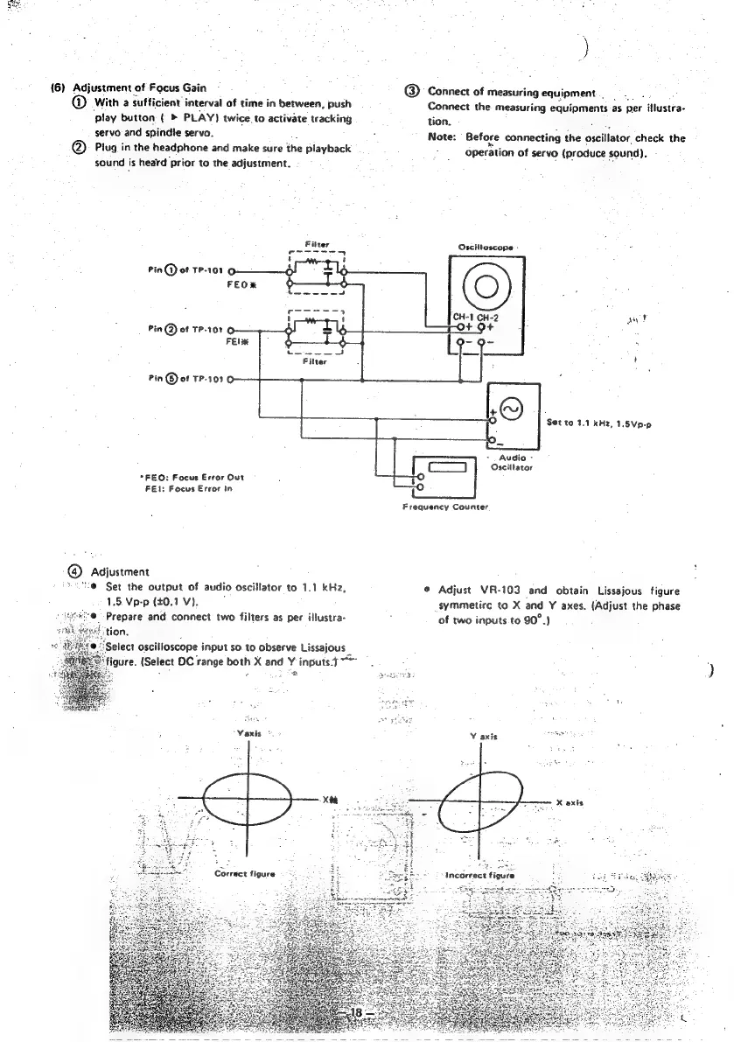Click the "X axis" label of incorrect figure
point(573,801)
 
